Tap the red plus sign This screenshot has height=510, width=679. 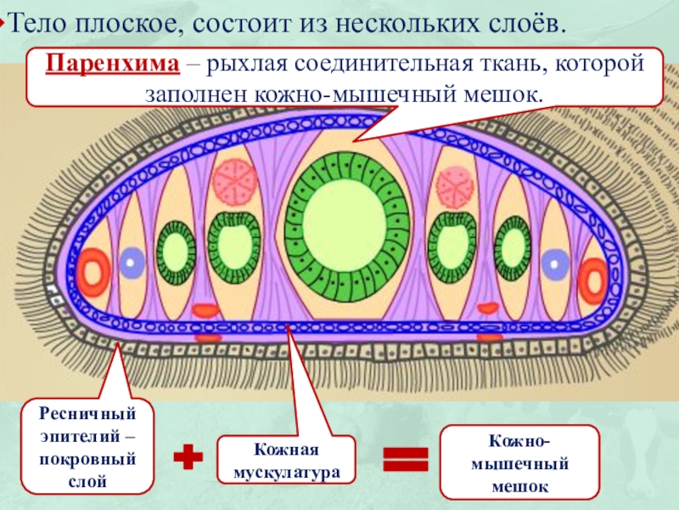[190, 459]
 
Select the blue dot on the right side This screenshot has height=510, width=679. [555, 263]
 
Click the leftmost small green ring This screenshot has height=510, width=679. [178, 252]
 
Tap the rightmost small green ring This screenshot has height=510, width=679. [513, 246]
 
